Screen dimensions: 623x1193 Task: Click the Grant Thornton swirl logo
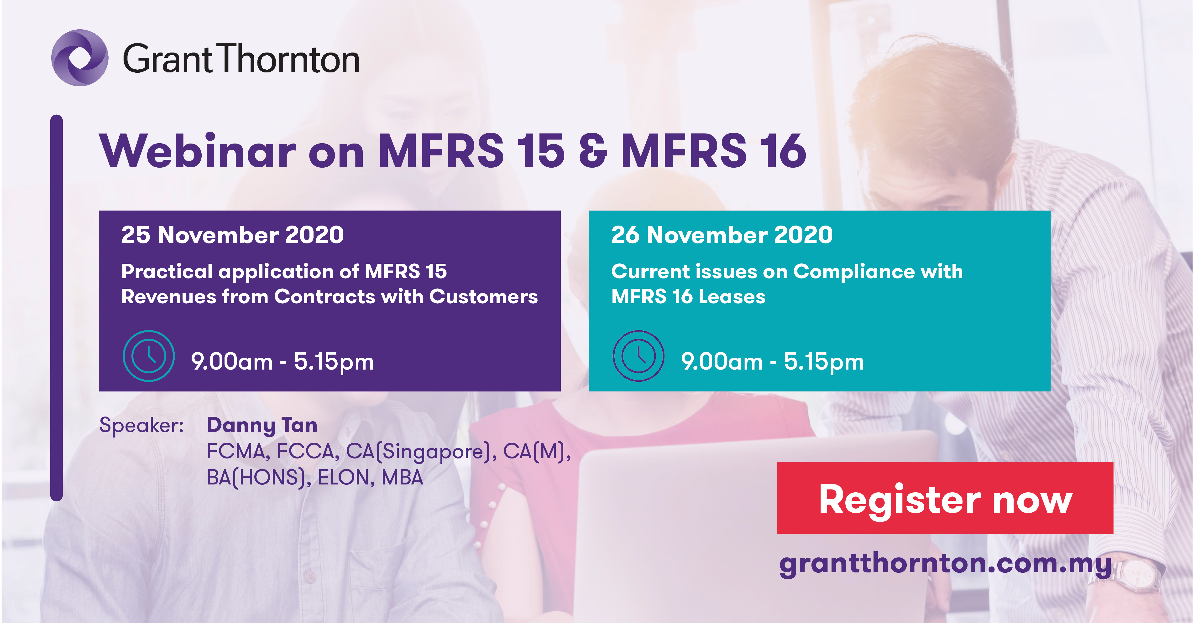pos(80,58)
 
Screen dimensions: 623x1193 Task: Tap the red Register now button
pos(945,498)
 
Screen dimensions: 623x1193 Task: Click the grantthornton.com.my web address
pos(945,564)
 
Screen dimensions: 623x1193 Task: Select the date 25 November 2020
pos(232,235)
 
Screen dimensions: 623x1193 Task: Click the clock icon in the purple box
pos(149,355)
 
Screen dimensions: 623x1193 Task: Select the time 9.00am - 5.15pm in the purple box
pos(283,361)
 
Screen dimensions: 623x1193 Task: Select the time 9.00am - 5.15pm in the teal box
pos(773,361)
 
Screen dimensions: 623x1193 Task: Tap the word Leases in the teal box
pos(732,297)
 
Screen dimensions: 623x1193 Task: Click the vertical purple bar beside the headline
pos(57,308)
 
